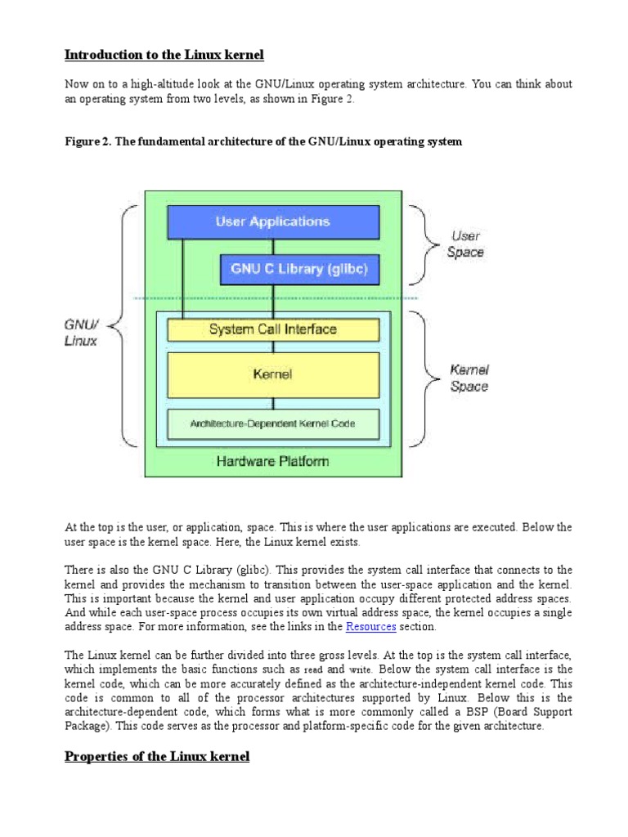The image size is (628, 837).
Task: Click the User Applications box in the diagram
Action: click(x=273, y=222)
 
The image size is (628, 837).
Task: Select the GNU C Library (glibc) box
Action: click(x=300, y=269)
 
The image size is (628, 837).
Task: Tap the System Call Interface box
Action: click(x=273, y=329)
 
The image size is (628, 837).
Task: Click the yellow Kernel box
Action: click(x=273, y=374)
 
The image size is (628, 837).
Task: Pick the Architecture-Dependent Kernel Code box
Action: click(x=273, y=423)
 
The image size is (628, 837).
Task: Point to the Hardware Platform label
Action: click(x=273, y=461)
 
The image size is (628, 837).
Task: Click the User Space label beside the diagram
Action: click(x=466, y=244)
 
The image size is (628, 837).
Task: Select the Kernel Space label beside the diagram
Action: click(x=469, y=378)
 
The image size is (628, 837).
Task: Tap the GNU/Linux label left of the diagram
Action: click(x=80, y=331)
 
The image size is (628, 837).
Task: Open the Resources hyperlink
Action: click(x=371, y=627)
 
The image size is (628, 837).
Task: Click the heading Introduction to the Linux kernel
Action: click(x=164, y=55)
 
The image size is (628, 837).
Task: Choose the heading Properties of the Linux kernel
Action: click(x=157, y=756)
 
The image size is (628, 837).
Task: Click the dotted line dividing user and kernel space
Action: click(x=273, y=298)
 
